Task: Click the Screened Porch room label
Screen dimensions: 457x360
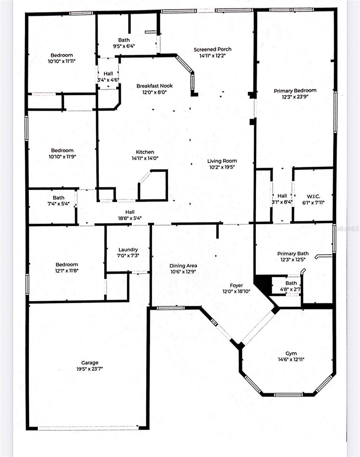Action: point(212,50)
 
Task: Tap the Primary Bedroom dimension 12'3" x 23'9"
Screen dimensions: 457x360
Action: point(295,97)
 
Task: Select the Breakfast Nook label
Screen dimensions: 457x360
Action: point(152,86)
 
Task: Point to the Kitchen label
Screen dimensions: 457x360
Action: point(145,152)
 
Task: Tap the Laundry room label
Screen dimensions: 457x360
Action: point(128,249)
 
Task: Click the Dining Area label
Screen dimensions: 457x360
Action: point(183,265)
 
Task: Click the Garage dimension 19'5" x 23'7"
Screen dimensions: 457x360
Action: point(90,369)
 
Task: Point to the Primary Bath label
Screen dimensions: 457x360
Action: point(293,254)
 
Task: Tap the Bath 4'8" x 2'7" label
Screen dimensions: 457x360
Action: point(291,283)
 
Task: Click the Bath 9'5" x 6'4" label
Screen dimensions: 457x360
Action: point(124,40)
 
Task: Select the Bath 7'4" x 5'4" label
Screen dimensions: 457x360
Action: point(59,198)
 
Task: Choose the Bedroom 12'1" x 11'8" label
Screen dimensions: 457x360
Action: point(67,265)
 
